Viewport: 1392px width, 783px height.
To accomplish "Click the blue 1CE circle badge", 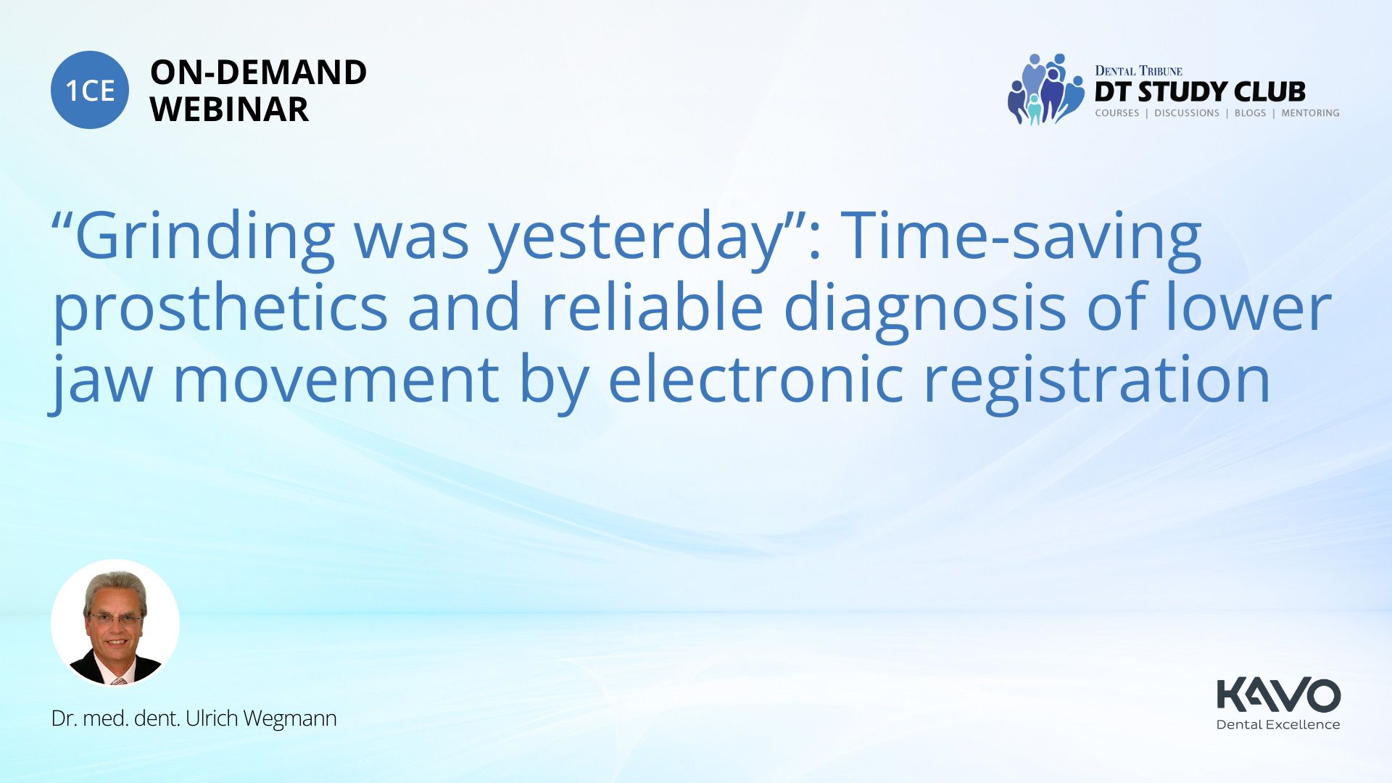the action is click(90, 90).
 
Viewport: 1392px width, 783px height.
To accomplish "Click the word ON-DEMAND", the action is click(258, 72).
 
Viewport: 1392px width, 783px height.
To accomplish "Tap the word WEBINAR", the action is click(229, 109).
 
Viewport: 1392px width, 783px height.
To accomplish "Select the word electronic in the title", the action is click(756, 379).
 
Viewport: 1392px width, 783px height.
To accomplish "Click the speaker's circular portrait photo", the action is click(115, 623).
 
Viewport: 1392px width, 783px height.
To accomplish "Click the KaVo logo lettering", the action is click(1279, 695).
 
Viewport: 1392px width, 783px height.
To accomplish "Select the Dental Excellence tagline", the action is click(1278, 724).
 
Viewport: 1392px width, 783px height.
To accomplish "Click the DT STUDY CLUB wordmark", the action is click(1200, 92).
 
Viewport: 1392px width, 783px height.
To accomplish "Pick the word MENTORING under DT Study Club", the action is click(1310, 113).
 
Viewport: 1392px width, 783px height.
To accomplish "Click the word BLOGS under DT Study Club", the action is click(1250, 113).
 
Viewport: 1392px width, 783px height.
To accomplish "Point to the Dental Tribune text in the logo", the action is click(1138, 71).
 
